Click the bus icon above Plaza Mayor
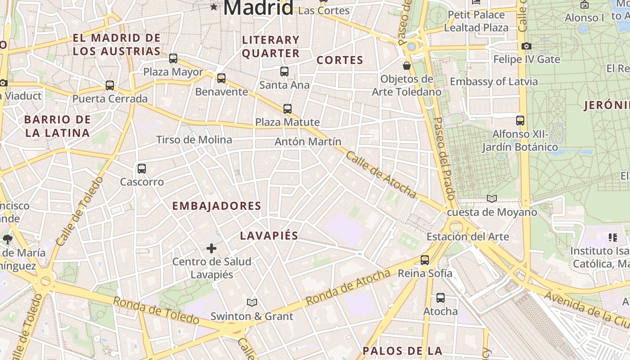pos(173,58)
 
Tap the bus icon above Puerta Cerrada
pos(110,85)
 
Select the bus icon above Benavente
pos(221,78)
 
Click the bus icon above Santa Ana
pos(284,71)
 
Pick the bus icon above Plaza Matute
pos(288,108)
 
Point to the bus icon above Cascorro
pos(142,169)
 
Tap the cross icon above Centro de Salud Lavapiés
pos(211,248)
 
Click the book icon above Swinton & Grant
pos(252,303)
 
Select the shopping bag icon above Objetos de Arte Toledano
pos(407,66)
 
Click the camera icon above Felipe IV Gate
pos(526,46)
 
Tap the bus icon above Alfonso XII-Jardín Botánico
pos(520,120)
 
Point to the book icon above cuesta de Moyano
pos(492,198)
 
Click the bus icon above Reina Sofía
pos(425,260)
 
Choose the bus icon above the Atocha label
pos(441,298)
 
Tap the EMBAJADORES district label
pos(216,206)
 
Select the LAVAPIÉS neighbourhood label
pos(269,235)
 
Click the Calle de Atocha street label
pos(381,175)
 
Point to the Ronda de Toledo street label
pos(156,310)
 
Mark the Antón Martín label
pos(308,142)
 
